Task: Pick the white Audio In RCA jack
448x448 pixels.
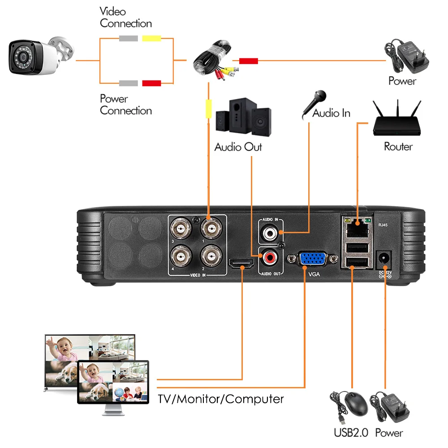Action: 270,233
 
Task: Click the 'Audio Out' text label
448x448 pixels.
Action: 238,147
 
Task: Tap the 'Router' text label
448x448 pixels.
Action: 398,147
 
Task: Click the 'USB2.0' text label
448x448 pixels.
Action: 351,433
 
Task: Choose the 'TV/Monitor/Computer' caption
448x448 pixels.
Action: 221,399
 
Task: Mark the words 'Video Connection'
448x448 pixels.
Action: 125,18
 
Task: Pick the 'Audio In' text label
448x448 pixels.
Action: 331,113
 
